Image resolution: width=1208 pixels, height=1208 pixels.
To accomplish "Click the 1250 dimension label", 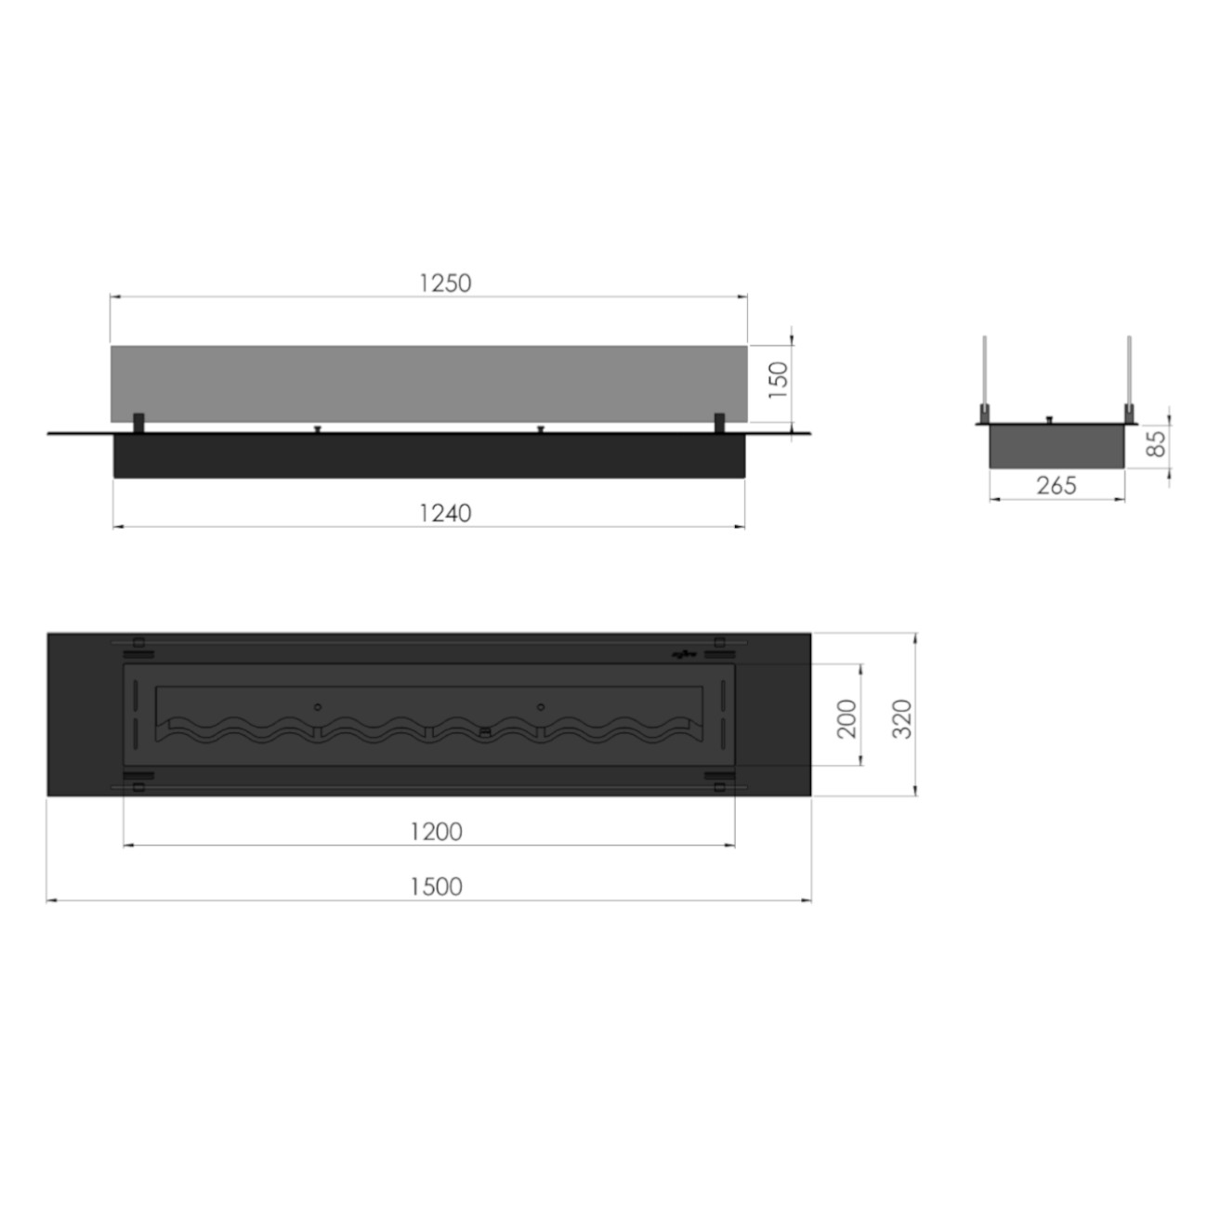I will click(445, 282).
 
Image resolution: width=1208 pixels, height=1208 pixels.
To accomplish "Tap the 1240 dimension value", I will click(445, 512).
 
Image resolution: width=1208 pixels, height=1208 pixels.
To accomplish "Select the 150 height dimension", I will click(778, 379).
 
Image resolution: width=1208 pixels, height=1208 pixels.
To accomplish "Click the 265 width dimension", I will click(1056, 485).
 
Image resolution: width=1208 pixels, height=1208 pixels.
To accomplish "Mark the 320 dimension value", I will click(901, 717).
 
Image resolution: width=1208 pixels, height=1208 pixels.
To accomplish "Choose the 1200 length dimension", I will click(436, 831).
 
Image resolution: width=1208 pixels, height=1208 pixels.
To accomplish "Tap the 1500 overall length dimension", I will click(436, 886).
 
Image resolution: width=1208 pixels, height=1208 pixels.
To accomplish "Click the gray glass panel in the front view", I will click(427, 383).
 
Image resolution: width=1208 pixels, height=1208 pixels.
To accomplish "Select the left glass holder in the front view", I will click(138, 422).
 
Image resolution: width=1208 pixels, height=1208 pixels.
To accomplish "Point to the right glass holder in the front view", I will click(718, 422).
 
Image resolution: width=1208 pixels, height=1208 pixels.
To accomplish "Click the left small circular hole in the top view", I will click(318, 707).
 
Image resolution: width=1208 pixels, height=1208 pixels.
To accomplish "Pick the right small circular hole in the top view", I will click(540, 707).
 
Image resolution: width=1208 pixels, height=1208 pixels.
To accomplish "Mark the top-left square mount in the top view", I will click(138, 641).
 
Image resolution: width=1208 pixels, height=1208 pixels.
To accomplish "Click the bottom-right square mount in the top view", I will click(719, 787).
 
